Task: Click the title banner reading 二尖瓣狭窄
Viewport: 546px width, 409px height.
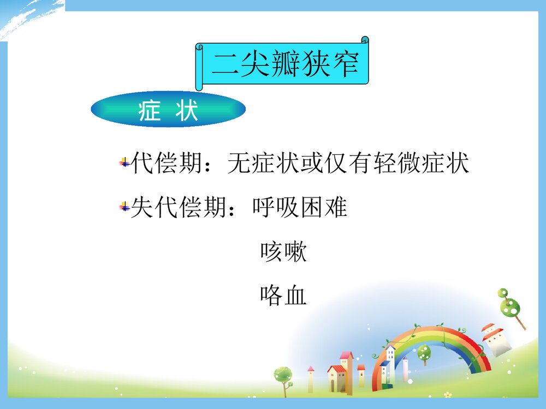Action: point(284,64)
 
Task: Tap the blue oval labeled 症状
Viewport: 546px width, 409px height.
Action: point(168,110)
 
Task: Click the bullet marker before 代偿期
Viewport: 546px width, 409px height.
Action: point(124,163)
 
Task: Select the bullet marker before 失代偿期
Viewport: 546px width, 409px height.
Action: point(124,207)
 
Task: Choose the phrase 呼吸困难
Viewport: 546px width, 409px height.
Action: point(300,207)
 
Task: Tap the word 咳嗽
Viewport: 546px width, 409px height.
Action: point(283,252)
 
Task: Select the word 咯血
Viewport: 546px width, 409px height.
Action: point(283,296)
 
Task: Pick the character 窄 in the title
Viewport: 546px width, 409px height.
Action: point(344,64)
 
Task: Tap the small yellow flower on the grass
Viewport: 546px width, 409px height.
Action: point(447,394)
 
